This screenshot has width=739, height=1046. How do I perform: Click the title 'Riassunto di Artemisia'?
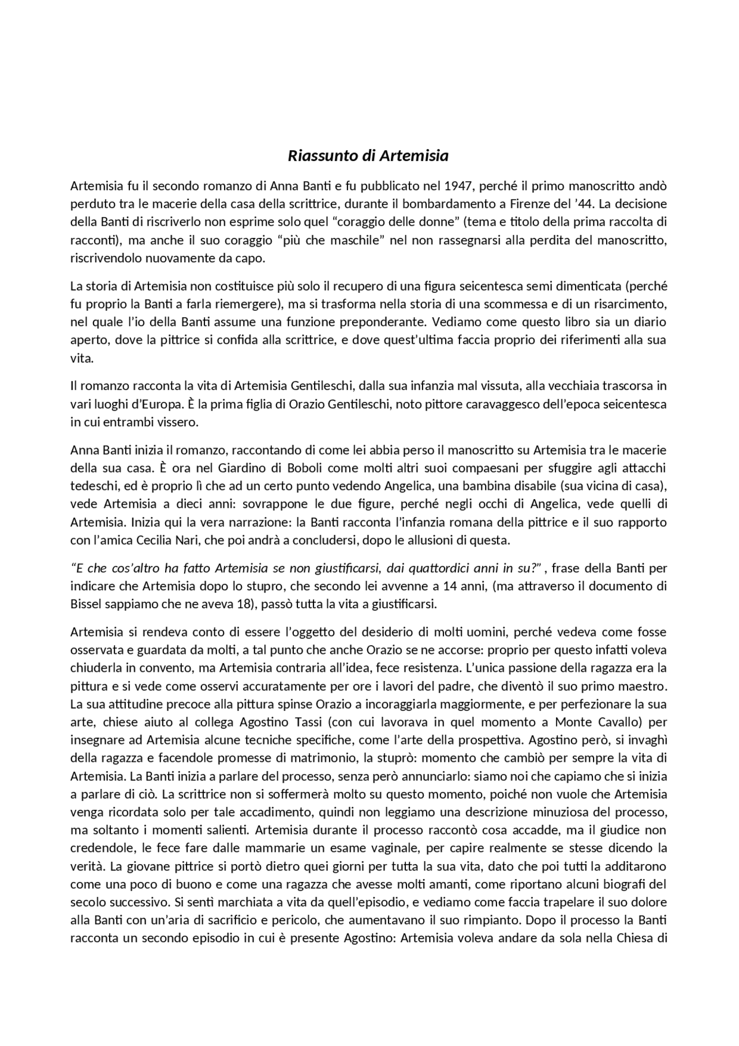pos(368,156)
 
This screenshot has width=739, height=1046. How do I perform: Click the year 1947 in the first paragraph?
pos(458,186)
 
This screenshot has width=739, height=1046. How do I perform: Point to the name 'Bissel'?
pos(84,605)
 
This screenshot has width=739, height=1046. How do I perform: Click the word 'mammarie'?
pos(318,848)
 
